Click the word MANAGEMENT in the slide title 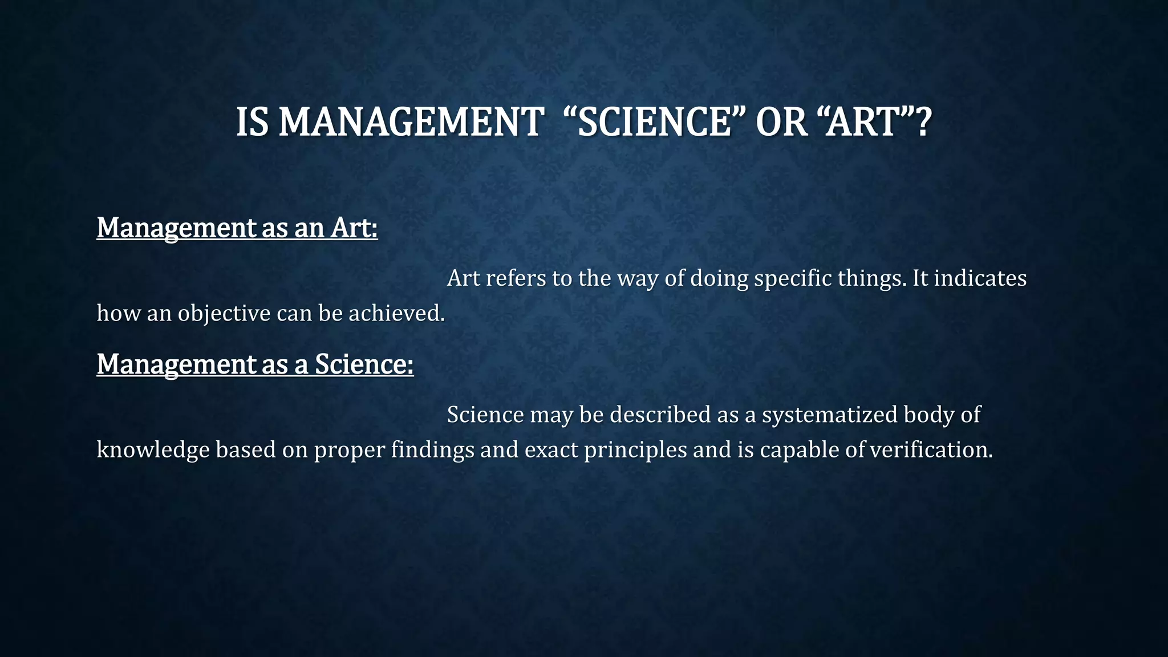(x=410, y=122)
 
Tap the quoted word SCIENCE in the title (x=654, y=122)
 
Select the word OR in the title (x=781, y=122)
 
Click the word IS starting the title (x=252, y=122)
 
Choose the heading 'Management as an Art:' (x=237, y=228)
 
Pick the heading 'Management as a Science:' (x=255, y=364)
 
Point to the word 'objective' (x=224, y=313)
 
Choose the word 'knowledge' (x=153, y=450)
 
